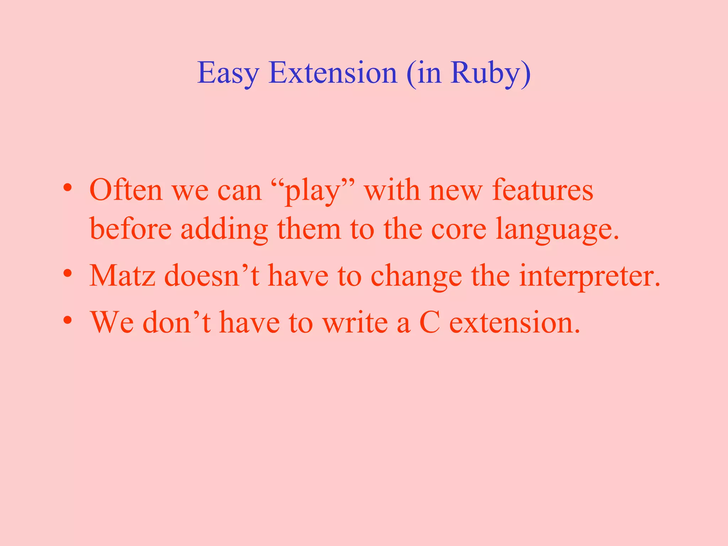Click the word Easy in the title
[x=228, y=73]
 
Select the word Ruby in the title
[x=485, y=73]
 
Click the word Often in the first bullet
[x=126, y=191]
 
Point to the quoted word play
[x=313, y=191]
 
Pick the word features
[x=542, y=191]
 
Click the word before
[x=130, y=229]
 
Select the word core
[x=459, y=229]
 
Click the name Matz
[x=122, y=276]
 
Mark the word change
[x=416, y=277]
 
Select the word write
[x=355, y=322]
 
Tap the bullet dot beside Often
[x=68, y=188]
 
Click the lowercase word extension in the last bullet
[x=515, y=323]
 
